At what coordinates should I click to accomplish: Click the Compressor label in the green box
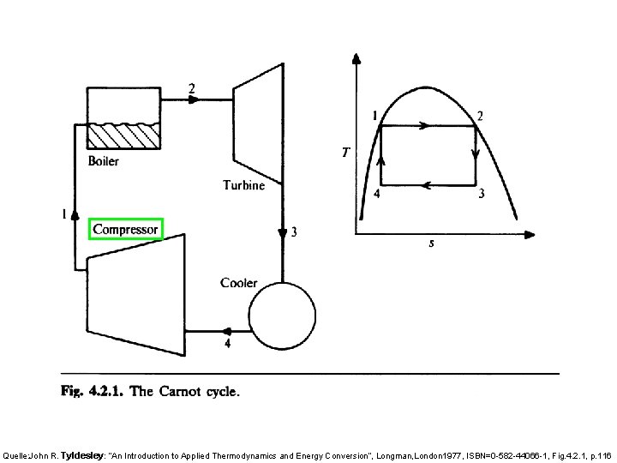coord(126,229)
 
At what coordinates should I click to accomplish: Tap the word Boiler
coord(104,160)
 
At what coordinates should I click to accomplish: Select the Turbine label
coord(244,184)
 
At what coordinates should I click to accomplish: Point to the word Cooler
coord(239,283)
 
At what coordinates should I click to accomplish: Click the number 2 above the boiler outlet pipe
coord(191,87)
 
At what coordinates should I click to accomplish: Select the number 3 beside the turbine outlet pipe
coord(295,232)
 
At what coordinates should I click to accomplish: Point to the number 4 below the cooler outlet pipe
coord(227,345)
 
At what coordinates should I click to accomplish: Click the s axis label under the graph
coord(431,244)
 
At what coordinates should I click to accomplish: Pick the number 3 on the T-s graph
coord(482,194)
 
